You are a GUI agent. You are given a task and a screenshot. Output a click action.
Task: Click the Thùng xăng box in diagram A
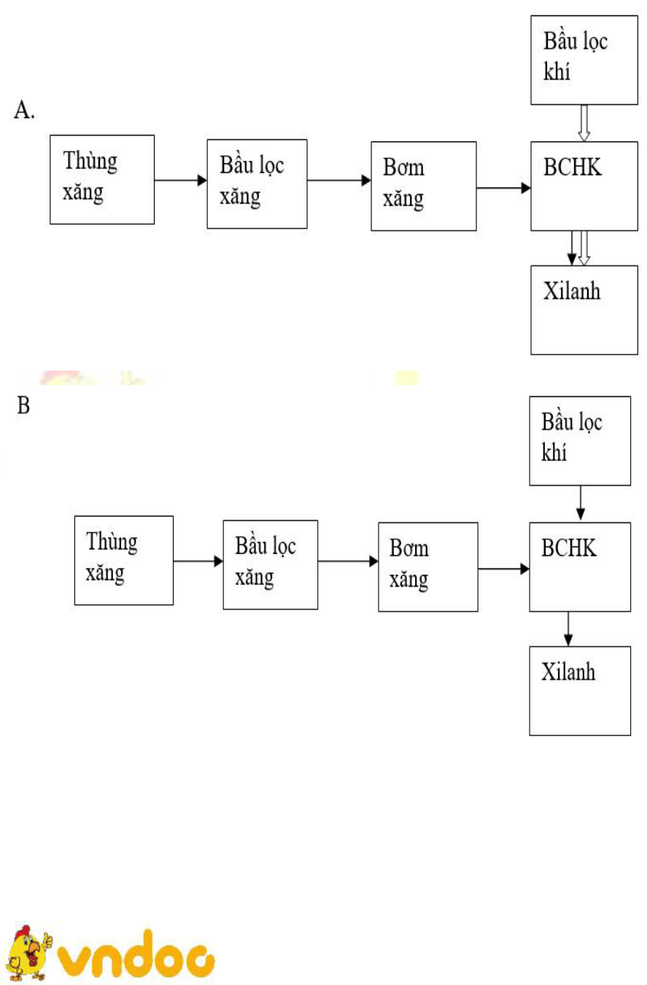coord(101,179)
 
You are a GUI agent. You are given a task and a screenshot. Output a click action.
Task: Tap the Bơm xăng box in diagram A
coord(423,186)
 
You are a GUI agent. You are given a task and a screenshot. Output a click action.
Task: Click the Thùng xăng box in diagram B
coord(123,560)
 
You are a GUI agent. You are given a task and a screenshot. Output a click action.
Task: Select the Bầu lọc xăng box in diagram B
coord(270,564)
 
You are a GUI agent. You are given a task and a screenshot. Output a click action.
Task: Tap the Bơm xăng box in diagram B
coord(427,566)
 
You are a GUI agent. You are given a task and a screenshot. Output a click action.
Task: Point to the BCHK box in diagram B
coord(580,566)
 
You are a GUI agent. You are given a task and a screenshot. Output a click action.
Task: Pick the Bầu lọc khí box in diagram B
coord(579,440)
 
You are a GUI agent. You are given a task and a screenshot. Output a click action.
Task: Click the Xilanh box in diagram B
coord(580,690)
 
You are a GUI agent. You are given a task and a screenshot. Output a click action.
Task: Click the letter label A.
coord(24,112)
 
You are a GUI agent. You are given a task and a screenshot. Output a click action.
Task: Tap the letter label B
coord(23,406)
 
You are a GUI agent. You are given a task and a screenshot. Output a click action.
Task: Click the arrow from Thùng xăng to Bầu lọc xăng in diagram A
coord(181,180)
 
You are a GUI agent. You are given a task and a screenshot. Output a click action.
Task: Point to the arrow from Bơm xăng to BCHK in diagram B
coord(503,568)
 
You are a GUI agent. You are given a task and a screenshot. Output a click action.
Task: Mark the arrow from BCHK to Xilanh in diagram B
coord(567,628)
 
